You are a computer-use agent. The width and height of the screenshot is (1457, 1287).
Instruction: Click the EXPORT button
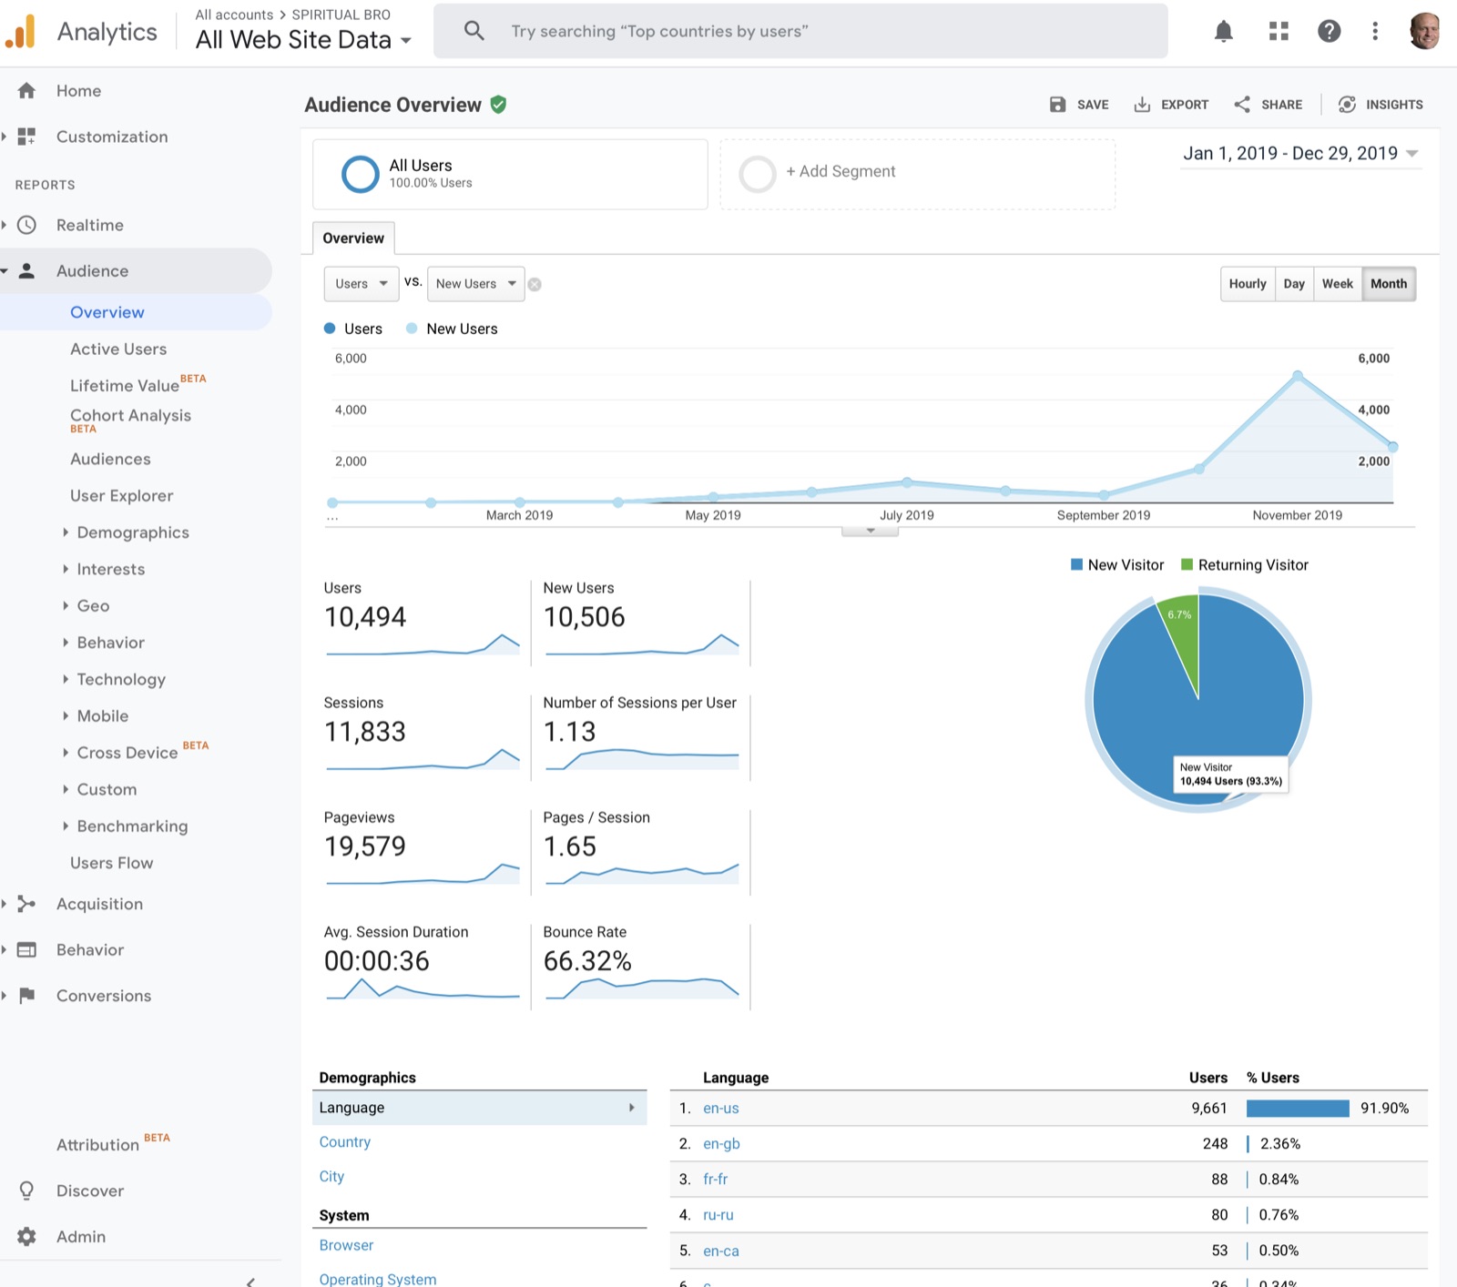(x=1171, y=105)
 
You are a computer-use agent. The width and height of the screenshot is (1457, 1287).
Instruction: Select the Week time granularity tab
(x=1337, y=284)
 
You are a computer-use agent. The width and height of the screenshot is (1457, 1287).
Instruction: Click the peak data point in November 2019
(x=1298, y=375)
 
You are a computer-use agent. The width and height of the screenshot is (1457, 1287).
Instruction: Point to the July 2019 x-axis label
(x=906, y=515)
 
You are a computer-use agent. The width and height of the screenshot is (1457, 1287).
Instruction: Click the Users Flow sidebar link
(x=111, y=863)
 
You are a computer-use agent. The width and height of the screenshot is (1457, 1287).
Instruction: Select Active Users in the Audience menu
(x=118, y=349)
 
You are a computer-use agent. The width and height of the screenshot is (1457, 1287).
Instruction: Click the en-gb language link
(x=721, y=1144)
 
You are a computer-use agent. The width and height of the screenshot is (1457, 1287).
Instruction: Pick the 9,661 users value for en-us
(x=1209, y=1109)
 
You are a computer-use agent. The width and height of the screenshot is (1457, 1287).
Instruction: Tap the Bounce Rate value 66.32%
(x=587, y=961)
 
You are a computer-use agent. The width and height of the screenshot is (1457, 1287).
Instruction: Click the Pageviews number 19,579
(x=365, y=846)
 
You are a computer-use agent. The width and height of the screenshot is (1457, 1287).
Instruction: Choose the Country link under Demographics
(x=345, y=1142)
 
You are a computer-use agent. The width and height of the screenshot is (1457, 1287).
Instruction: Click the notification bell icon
(x=1224, y=32)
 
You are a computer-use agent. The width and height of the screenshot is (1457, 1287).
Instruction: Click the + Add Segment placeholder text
(x=841, y=171)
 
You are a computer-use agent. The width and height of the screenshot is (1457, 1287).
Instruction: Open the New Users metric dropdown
(x=476, y=284)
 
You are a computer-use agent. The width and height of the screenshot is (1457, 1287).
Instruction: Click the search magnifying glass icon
(x=474, y=31)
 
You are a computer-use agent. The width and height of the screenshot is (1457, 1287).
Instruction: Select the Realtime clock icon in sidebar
(x=27, y=225)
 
